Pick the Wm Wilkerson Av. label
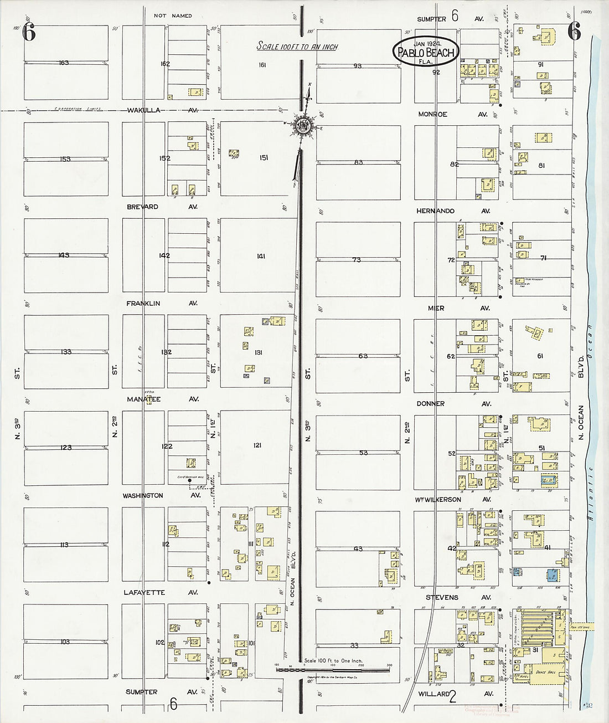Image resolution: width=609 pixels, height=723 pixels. click(x=453, y=500)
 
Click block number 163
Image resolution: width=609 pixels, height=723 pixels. click(x=64, y=63)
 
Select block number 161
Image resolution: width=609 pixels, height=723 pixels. click(x=262, y=65)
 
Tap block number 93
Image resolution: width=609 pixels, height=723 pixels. click(x=358, y=66)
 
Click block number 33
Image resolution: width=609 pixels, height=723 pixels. click(x=355, y=645)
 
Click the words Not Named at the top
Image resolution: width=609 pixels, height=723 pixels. click(x=174, y=16)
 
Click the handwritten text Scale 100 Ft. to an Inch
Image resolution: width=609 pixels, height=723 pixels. click(x=297, y=47)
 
